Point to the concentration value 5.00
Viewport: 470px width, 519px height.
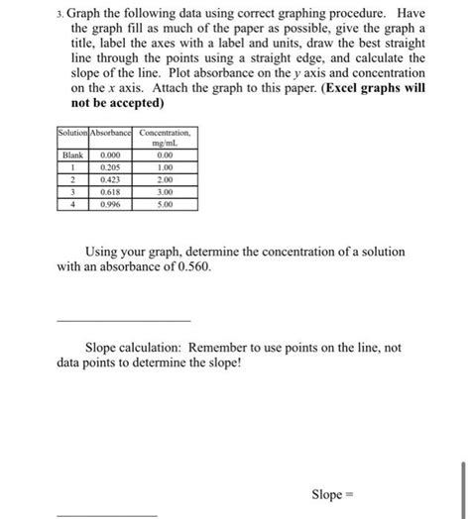coord(166,204)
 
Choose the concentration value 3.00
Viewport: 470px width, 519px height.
coord(166,192)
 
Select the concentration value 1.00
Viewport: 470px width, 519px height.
coord(166,168)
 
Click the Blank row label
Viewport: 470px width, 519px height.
coord(72,156)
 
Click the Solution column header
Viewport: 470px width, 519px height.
coord(72,134)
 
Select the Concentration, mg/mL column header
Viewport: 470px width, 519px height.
coord(166,138)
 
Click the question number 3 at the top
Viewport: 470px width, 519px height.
coord(61,11)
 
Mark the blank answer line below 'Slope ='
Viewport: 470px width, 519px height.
coord(107,515)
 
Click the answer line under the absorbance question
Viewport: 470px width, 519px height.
coord(123,320)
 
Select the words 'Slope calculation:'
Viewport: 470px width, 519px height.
coord(139,348)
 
